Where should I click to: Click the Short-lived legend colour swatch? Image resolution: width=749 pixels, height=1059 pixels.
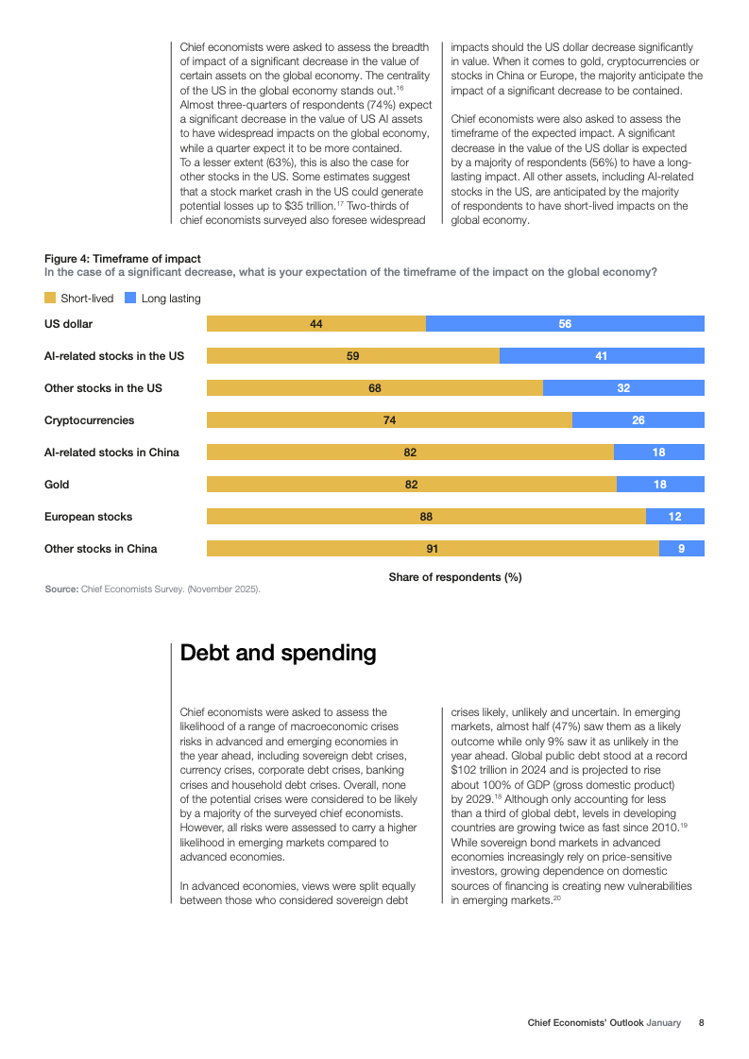tap(50, 299)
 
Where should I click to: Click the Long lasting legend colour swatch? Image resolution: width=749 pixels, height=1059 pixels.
tap(130, 299)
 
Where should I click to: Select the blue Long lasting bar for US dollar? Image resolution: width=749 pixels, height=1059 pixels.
tap(565, 324)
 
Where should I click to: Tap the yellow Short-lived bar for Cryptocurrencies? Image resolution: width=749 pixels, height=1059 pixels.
tap(389, 420)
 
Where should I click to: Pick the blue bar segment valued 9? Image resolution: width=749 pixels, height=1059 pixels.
tap(681, 549)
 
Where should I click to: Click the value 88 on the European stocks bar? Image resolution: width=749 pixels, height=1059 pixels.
tap(426, 517)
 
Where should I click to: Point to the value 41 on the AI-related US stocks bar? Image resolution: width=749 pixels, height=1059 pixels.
tap(601, 356)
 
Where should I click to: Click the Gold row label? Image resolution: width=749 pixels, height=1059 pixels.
tap(57, 485)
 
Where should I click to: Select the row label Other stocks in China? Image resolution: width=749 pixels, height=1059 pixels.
tap(101, 549)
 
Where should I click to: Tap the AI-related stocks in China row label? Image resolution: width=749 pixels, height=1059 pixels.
tap(111, 453)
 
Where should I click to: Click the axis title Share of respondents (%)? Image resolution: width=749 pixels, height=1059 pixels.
tap(455, 577)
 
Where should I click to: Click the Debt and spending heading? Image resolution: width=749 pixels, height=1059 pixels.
tap(278, 653)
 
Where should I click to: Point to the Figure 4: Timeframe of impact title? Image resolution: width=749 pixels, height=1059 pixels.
tap(123, 259)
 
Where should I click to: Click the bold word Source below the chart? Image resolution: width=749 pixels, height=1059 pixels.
tap(60, 589)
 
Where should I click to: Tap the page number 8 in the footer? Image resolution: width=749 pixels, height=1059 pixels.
tap(701, 1022)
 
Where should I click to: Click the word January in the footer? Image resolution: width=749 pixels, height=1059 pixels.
tap(663, 1022)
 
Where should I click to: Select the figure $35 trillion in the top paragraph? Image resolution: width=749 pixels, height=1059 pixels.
tap(308, 206)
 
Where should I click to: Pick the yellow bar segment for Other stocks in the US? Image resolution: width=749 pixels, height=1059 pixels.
tap(375, 388)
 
